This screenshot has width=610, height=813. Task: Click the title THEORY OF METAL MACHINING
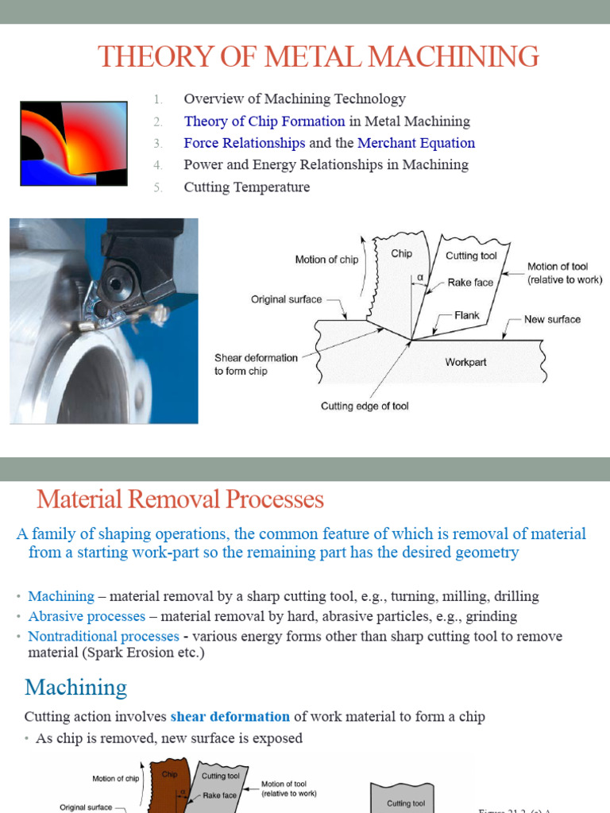[318, 56]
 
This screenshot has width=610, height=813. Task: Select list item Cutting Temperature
[246, 187]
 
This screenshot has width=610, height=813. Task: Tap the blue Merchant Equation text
[416, 143]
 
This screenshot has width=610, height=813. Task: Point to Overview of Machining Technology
[294, 99]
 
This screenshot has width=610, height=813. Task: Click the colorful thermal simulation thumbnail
[73, 143]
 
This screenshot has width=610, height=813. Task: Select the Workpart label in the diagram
[465, 362]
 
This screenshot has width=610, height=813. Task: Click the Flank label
[467, 315]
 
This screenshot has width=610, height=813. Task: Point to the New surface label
[552, 319]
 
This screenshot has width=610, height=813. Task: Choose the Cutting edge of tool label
[365, 406]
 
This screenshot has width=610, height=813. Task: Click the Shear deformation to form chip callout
[256, 364]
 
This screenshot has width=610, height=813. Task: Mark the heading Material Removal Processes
[180, 499]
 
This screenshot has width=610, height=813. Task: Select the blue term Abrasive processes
[87, 616]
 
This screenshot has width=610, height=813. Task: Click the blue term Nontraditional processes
[103, 636]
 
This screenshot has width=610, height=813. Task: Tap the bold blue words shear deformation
[218, 717]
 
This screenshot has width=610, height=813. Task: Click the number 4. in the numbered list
[158, 165]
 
